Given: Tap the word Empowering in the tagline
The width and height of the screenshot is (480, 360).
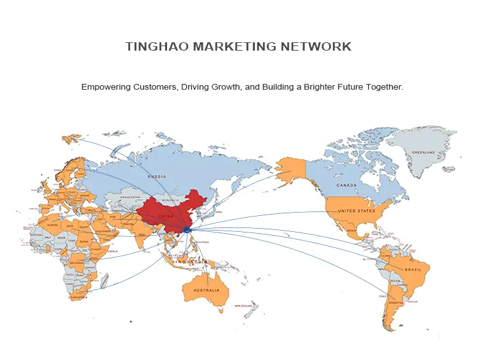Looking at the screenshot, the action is point(105,86).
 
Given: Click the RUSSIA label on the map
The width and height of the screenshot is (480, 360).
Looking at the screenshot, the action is point(157,176).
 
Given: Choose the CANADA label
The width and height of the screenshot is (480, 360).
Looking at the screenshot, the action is point(346,186).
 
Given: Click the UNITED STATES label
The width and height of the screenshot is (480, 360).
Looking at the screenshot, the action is point(356,211).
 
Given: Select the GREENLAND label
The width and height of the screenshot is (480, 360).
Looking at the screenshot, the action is point(422,152).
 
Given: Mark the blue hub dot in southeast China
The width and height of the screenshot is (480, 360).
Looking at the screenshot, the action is point(186,229).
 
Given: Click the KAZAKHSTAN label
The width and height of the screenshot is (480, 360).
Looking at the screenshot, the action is point(130,197).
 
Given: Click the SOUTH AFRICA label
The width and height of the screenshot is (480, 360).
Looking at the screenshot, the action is point(78,298).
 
